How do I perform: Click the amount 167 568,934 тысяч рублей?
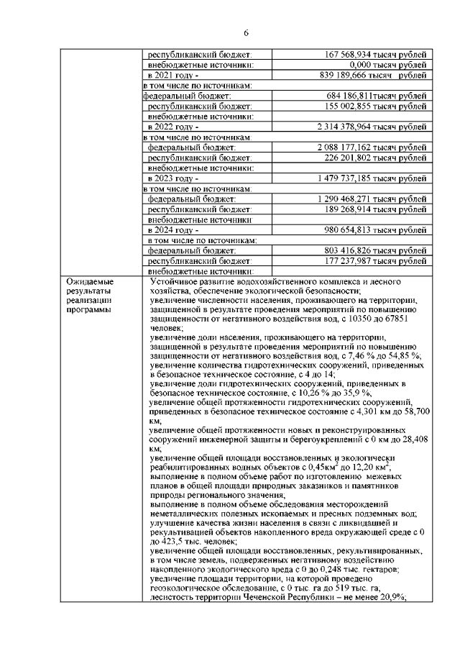click(x=376, y=54)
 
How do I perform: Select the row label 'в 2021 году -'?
click(x=172, y=75)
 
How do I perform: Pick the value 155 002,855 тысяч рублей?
click(x=376, y=106)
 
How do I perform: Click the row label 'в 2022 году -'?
click(x=172, y=127)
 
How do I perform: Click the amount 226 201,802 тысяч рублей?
click(x=376, y=158)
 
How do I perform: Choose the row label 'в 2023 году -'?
click(x=172, y=178)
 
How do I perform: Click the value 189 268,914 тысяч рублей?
click(x=376, y=209)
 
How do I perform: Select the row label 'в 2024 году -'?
click(x=172, y=230)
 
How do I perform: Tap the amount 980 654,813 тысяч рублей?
click(x=376, y=230)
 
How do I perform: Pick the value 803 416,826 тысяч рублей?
click(x=376, y=251)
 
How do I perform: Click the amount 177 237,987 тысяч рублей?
click(x=376, y=261)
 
